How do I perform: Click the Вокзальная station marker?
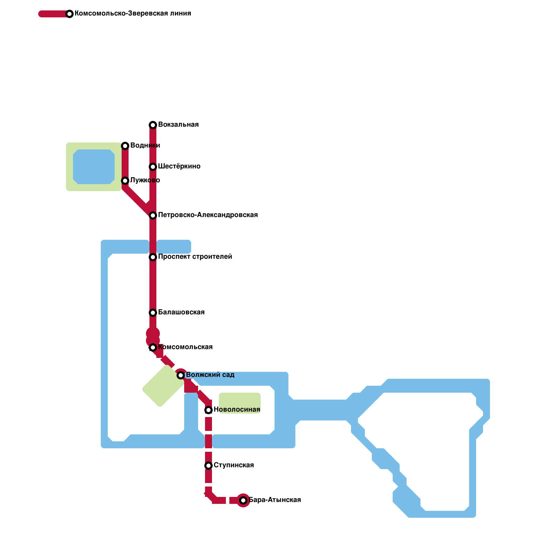[153, 125]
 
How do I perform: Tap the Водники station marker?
[125, 146]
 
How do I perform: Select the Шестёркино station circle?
[153, 167]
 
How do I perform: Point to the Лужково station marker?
[125, 181]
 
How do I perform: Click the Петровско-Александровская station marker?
[153, 215]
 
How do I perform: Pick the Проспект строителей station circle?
[153, 257]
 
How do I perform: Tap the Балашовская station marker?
[153, 313]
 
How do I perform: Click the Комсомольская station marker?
[153, 347]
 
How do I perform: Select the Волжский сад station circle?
[181, 375]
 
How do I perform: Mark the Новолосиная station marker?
[208, 410]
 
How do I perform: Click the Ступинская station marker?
[208, 466]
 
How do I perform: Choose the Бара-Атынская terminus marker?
[243, 500]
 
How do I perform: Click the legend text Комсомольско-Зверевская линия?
[133, 14]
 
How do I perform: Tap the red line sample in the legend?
[54, 14]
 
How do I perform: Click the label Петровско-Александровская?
[208, 215]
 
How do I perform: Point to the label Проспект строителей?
[195, 257]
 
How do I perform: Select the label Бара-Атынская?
[275, 500]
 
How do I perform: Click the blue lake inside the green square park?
[94, 167]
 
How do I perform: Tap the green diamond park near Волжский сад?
[163, 386]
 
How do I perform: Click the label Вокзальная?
[178, 125]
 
